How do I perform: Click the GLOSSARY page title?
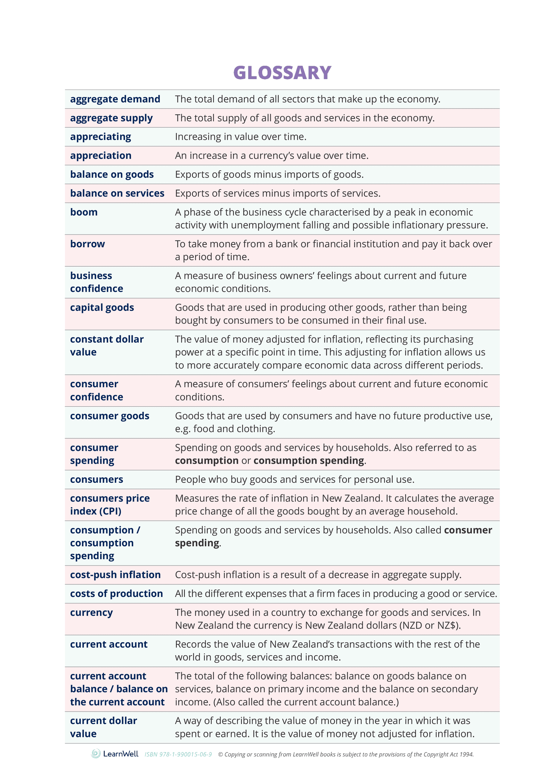point(282,73)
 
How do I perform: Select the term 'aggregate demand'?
point(115,99)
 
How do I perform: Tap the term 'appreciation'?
point(101,156)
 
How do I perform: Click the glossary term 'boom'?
point(84,212)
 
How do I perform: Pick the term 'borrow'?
point(87,244)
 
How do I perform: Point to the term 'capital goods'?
point(102,308)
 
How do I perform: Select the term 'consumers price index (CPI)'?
point(110,505)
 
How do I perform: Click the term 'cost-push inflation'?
point(115,575)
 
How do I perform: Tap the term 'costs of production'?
point(116,594)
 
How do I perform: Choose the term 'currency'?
point(91,613)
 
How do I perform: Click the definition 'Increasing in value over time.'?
point(240,137)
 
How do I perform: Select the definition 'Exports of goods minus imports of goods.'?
point(269,175)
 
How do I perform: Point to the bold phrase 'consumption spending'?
point(309,461)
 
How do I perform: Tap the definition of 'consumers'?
point(294,480)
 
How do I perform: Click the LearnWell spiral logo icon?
point(96,754)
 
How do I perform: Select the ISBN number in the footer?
point(178,754)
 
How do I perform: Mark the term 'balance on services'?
point(117,194)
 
